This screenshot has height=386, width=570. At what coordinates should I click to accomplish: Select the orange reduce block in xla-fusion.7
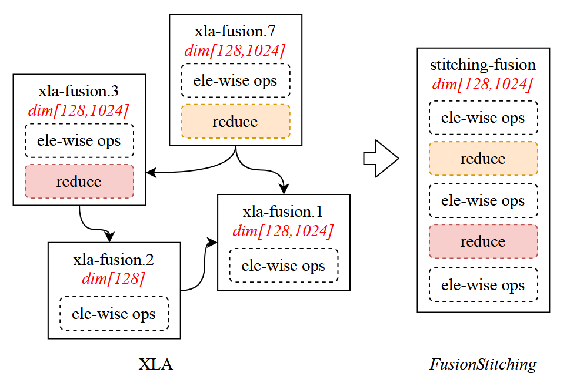pos(235,122)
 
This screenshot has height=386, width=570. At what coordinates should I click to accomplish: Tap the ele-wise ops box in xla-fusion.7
pos(235,80)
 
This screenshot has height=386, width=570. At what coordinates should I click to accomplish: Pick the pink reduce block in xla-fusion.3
pos(79,182)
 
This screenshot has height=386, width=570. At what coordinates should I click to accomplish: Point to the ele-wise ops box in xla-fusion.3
pos(79,140)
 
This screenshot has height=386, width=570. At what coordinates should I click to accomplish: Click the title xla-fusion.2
pos(114,259)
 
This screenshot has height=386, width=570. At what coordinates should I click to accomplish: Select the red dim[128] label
pos(114,278)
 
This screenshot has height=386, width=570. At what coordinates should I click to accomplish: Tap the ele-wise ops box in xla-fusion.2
pos(114,313)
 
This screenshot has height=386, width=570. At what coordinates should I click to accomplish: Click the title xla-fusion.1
pos(283,211)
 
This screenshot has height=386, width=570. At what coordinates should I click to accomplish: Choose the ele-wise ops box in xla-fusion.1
pos(283,266)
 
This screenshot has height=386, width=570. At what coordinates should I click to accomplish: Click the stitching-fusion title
pos(483,64)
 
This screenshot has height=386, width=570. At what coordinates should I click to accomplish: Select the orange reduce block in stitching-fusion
pos(483,159)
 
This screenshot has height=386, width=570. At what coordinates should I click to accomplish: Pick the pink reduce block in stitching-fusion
pos(483,241)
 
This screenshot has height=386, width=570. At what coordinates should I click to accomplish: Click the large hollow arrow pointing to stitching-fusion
pos(381,159)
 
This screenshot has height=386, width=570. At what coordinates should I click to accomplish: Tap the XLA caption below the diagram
pos(155,364)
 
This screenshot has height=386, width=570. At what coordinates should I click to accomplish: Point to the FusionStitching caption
pos(483,364)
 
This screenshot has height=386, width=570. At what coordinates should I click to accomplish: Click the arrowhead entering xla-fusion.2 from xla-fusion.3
pos(109,237)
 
